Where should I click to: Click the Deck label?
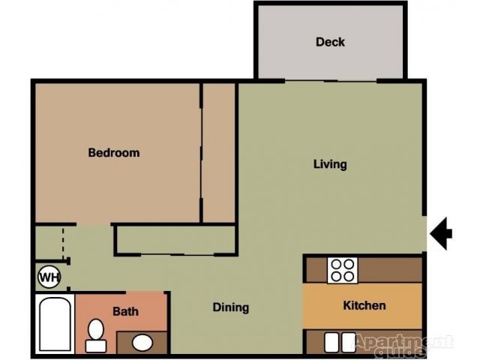tap(330, 42)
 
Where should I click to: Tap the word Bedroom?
tap(114, 153)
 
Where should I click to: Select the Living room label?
tap(330, 164)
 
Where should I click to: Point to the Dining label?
tap(231, 307)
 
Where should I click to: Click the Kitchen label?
tap(364, 305)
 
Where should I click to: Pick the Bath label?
tap(126, 311)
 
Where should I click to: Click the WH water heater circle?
tap(49, 277)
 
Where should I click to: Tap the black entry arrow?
tap(441, 232)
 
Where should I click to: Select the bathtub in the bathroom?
tap(55, 324)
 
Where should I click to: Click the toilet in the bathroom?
tap(96, 334)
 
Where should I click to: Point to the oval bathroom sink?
tap(142, 343)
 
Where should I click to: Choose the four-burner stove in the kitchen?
tap(342, 270)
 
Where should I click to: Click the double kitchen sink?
tap(338, 342)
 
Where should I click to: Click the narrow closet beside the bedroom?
tap(219, 153)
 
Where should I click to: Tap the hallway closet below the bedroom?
tap(176, 240)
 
